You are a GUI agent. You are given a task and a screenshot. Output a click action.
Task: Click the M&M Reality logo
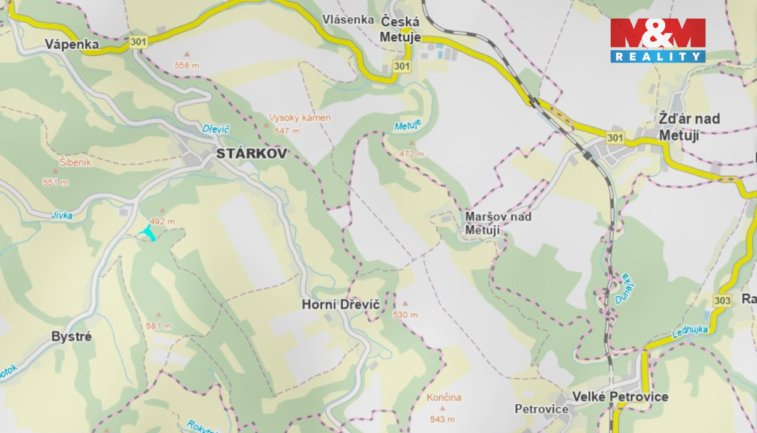click(x=657, y=40)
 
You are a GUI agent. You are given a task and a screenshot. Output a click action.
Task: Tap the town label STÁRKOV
click(x=251, y=154)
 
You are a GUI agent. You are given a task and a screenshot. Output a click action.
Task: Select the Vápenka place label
click(x=72, y=44)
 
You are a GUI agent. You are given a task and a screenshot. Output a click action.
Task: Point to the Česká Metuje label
click(x=400, y=29)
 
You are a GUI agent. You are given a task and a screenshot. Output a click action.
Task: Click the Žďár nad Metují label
click(x=689, y=127)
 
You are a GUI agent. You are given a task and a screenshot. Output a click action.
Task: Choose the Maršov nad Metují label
click(x=498, y=222)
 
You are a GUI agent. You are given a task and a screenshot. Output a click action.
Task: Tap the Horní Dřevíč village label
click(x=341, y=305)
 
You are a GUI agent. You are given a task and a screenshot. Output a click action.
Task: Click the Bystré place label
click(x=71, y=336)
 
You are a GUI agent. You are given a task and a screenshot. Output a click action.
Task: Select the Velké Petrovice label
click(x=620, y=396)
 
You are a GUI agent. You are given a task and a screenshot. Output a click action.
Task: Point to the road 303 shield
click(x=723, y=300)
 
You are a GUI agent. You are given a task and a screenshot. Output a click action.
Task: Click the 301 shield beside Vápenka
click(x=137, y=41)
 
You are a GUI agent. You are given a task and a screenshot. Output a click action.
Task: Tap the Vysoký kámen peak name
click(x=299, y=118)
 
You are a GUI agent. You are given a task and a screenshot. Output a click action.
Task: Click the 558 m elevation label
click(x=187, y=65)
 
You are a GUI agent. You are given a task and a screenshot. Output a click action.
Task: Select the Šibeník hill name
click(x=76, y=162)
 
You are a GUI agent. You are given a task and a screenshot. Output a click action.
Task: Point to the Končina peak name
click(x=444, y=397)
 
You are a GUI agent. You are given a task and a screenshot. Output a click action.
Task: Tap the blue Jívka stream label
click(x=61, y=214)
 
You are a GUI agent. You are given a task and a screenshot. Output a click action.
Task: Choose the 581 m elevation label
click(x=158, y=326)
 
